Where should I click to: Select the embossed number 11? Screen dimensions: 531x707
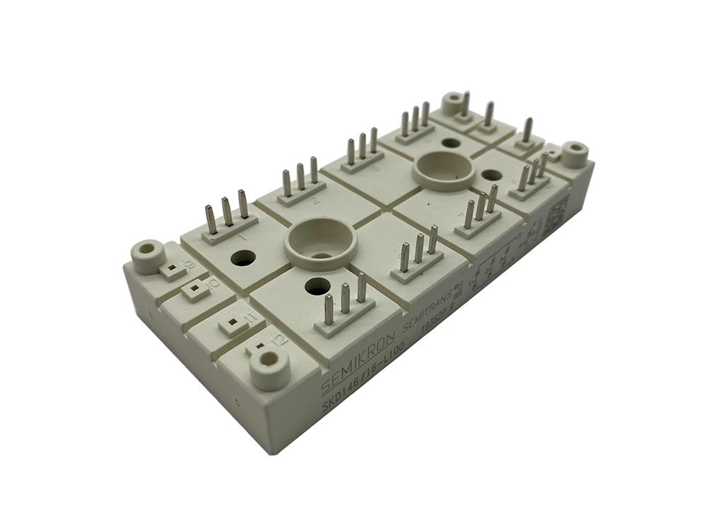click(247, 315)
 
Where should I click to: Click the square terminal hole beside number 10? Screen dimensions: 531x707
click(192, 290)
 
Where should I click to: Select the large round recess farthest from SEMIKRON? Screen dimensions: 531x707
click(443, 170)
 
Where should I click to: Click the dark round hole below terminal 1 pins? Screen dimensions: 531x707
click(243, 258)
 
